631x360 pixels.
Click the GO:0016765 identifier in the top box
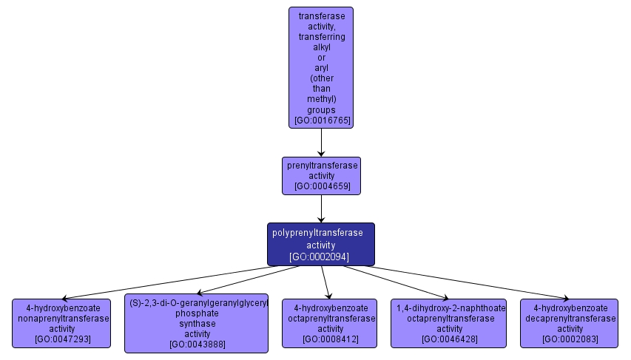point(321,120)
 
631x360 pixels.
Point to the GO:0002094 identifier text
point(320,257)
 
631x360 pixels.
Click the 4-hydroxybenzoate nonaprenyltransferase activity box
point(62,323)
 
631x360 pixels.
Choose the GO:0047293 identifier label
point(62,339)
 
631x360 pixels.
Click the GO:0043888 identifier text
point(197,344)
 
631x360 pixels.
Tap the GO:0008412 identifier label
point(330,339)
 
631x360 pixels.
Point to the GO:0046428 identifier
point(449,339)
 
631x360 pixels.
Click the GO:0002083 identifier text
point(569,339)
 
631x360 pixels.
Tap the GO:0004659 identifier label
point(321,186)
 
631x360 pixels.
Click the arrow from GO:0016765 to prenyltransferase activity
point(321,142)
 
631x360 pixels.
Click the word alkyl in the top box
point(321,47)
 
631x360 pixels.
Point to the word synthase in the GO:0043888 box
point(197,323)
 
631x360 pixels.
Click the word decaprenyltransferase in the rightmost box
point(569,319)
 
